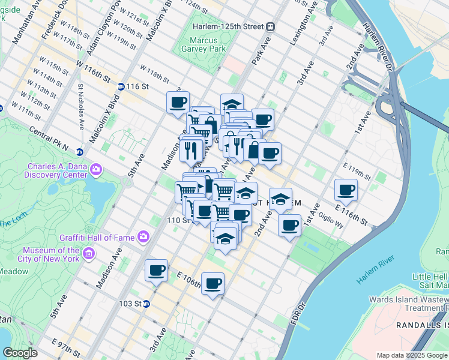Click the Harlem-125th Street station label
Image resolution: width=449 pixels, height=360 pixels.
pyautogui.click(x=229, y=27)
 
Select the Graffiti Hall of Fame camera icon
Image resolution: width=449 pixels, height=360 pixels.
pyautogui.click(x=143, y=236)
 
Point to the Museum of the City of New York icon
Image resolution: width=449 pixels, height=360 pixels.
pyautogui.click(x=89, y=254)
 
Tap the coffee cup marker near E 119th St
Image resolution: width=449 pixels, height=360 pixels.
pyautogui.click(x=346, y=190)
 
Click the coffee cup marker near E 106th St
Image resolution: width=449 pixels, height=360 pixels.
pyautogui.click(x=212, y=283)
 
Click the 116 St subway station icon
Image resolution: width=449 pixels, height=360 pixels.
pyautogui.click(x=121, y=86)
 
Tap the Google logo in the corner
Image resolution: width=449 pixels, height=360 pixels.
pyautogui.click(x=20, y=352)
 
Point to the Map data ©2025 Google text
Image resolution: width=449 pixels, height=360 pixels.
pyautogui.click(x=411, y=355)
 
